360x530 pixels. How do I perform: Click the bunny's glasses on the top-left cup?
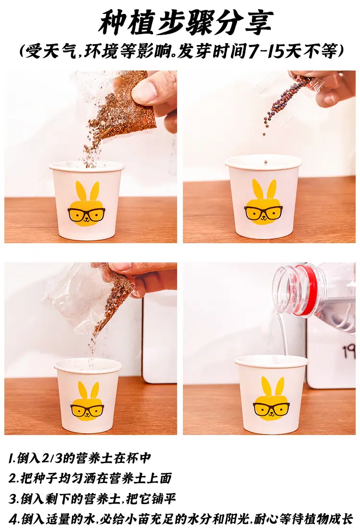click(86, 213)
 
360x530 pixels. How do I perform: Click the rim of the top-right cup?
click(264, 161)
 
